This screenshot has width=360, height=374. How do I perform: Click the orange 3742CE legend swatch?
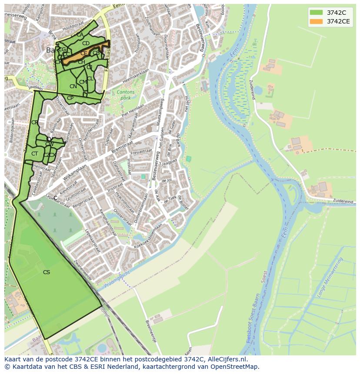pyautogui.click(x=317, y=21)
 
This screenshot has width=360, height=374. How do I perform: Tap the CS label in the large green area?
pyautogui.click(x=47, y=272)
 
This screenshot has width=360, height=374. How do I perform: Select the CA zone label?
pyautogui.click(x=80, y=35)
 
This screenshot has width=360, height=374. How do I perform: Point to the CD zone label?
pyautogui.click(x=86, y=43)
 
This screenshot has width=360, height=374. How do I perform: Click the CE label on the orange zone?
pyautogui.click(x=83, y=53)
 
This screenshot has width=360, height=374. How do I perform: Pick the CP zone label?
pyautogui.click(x=70, y=98)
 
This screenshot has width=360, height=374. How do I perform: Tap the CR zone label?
pyautogui.click(x=34, y=122)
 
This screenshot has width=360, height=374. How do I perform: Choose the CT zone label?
pyautogui.click(x=34, y=154)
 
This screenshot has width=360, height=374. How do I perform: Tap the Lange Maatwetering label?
pyautogui.click(x=330, y=277)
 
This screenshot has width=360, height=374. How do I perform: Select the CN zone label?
pyautogui.click(x=73, y=86)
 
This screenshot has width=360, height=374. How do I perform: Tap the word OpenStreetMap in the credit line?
pyautogui.click(x=235, y=367)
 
